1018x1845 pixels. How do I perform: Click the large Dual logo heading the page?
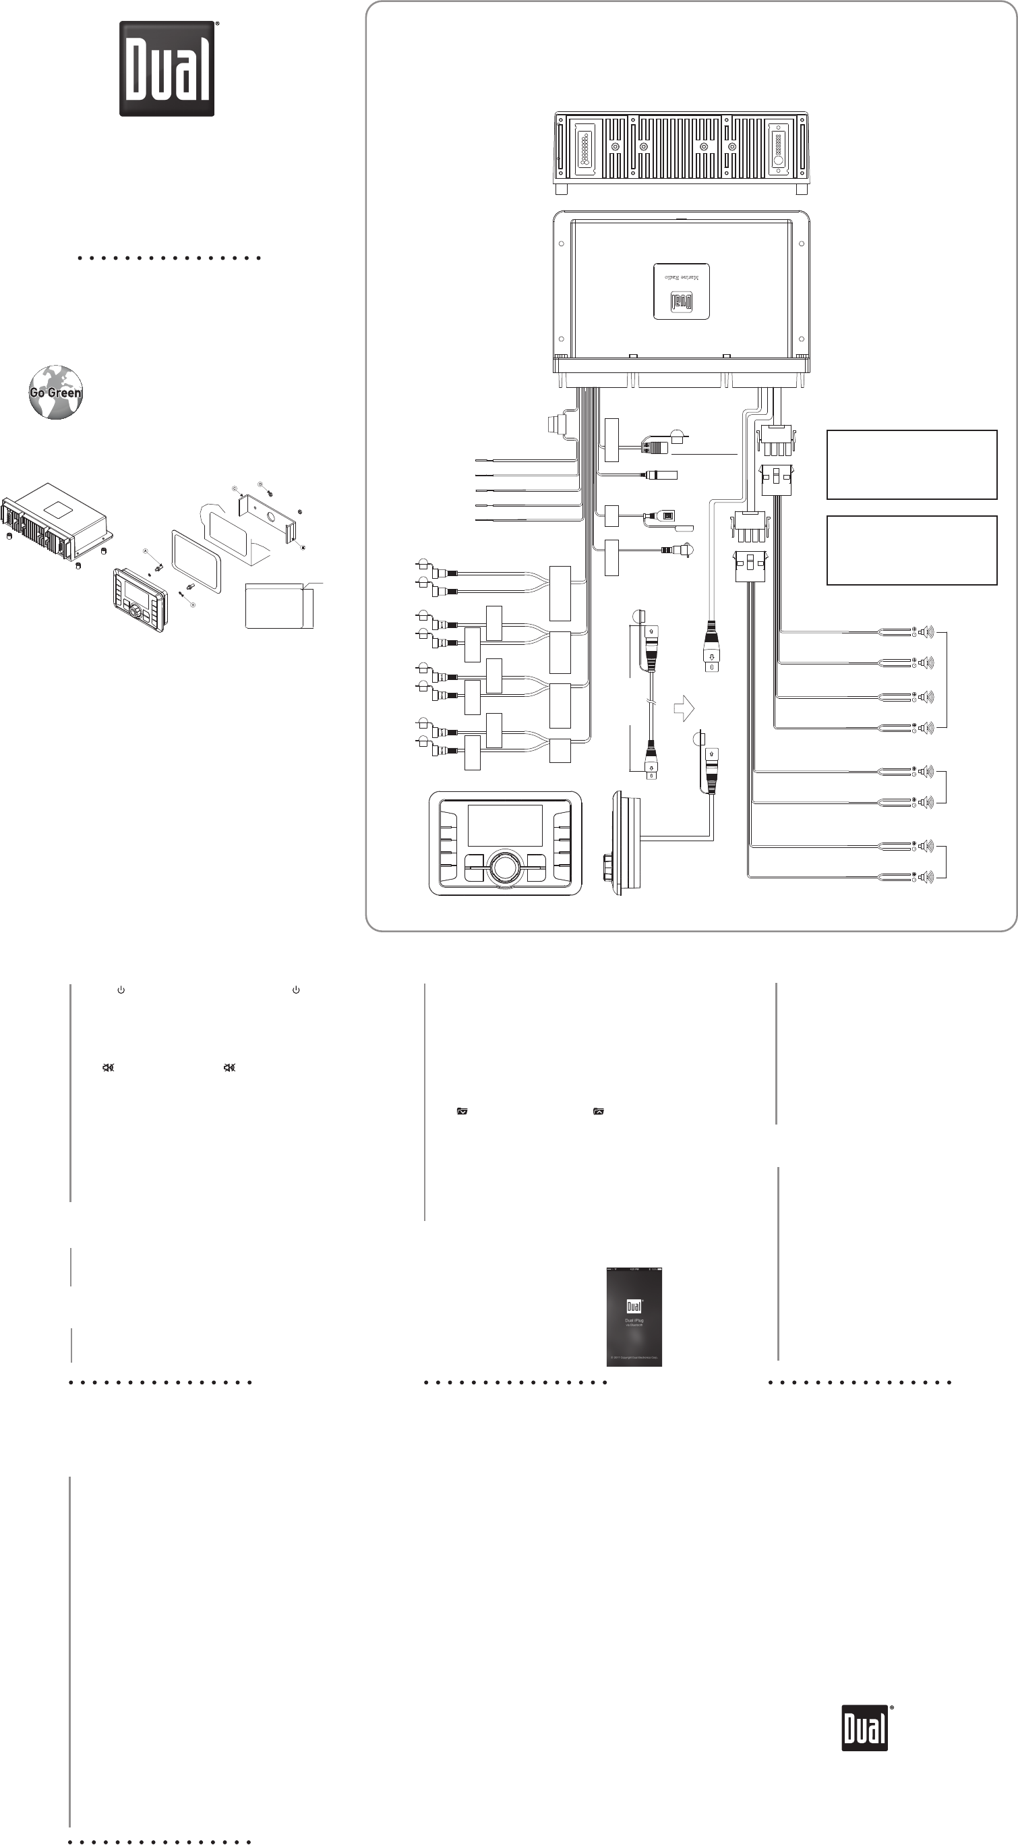167,69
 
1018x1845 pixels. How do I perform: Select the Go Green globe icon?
55,393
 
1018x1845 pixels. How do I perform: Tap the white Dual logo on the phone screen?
634,1306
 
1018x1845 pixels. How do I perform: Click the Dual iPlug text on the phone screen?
634,1320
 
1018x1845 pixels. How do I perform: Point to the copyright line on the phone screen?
634,1357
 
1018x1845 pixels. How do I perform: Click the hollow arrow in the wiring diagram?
684,709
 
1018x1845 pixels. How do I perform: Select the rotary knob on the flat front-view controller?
505,866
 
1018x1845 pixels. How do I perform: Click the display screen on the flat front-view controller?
505,825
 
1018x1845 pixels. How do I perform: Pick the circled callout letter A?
146,552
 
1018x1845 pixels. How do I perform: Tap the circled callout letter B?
193,604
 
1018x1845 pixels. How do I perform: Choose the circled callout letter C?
234,488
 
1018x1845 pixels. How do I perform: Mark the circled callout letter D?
260,485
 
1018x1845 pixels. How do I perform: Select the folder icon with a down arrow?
462,1112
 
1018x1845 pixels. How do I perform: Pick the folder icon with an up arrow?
599,1112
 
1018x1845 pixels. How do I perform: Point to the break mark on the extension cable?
651,705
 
